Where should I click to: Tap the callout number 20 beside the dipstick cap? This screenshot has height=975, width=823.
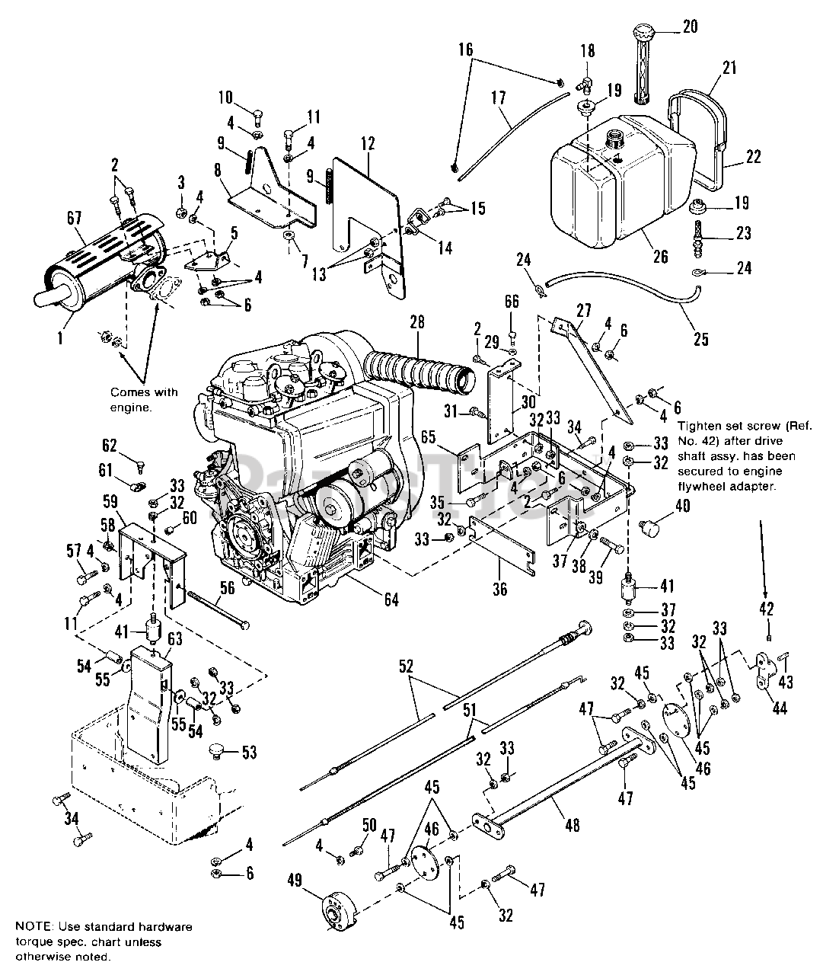[690, 27]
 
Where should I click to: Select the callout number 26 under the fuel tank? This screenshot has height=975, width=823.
[661, 257]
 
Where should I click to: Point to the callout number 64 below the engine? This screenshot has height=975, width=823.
[391, 602]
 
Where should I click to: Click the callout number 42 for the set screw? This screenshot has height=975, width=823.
[767, 609]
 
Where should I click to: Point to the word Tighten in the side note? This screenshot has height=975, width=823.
[699, 427]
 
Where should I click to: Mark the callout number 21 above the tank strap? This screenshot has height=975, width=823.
[729, 68]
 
